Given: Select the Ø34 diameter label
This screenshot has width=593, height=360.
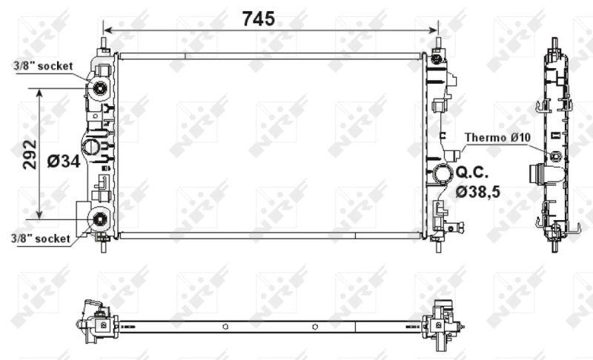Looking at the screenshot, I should [62, 161].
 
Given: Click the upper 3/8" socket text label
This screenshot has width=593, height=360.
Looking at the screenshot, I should [43, 66].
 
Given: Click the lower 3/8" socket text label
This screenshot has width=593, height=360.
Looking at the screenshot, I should [42, 239].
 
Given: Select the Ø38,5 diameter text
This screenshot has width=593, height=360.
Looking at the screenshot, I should [478, 192].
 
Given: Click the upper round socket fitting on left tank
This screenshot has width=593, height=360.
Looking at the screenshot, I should [99, 90].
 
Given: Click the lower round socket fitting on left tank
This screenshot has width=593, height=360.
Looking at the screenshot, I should [99, 219].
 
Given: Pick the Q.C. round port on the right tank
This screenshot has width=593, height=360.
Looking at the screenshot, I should [443, 176].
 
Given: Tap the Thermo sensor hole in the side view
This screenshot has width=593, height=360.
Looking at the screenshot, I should [555, 155].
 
